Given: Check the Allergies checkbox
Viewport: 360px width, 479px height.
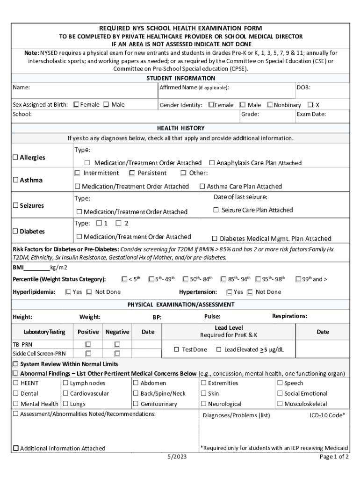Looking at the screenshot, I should pos(15,158).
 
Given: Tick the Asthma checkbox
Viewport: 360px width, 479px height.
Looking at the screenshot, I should pos(15,180).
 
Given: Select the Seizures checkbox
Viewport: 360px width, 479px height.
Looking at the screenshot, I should pos(15,205).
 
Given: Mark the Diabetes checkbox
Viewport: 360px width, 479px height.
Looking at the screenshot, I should pos(15,232).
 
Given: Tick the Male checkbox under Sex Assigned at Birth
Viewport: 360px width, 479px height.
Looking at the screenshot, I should pos(106,105).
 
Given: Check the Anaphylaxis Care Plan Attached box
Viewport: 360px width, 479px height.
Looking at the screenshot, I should pos(211,163).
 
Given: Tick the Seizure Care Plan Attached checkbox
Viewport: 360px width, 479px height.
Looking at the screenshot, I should pos(216,210).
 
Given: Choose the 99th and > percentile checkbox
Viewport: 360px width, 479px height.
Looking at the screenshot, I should pos(298,279).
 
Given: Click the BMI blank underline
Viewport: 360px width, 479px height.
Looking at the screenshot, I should pos(36,268).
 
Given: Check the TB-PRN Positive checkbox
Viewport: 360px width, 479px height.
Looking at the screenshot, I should pos(87,344).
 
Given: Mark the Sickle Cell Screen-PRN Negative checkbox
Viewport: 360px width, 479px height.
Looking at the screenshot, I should pos(117,354).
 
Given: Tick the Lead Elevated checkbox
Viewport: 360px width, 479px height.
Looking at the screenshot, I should pos(218,349).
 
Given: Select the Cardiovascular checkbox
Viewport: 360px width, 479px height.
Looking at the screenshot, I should pos(65,393).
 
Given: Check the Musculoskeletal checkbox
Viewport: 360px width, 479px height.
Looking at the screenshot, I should pos(280,404).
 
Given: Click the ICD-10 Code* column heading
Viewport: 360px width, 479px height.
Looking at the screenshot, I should pos(327,415).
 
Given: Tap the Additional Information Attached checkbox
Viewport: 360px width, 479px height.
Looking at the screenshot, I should pos(15,448).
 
